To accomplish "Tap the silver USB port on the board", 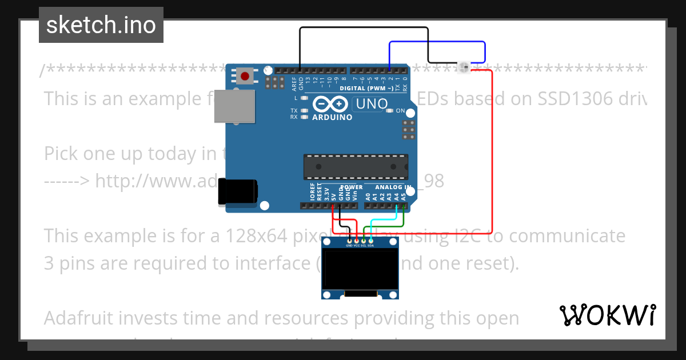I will (234, 107).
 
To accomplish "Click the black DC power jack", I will (237, 192).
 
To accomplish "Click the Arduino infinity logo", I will (330, 104).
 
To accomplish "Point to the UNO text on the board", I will (372, 104).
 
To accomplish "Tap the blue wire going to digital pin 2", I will (437, 42).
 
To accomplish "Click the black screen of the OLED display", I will (360, 269).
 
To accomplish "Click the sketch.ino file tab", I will (101, 25).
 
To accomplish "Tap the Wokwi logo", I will (607, 315).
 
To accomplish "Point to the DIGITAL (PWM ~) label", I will (366, 89).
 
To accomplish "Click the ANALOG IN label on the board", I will (394, 187).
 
